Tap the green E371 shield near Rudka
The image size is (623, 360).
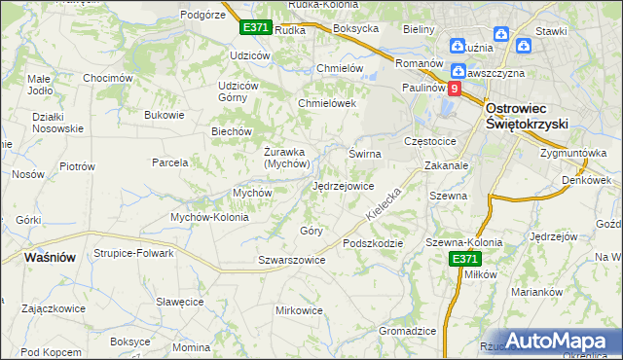click(255, 28)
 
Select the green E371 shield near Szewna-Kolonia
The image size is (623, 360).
click(464, 259)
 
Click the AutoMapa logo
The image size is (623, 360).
click(559, 341)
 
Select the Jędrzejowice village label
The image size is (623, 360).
click(343, 185)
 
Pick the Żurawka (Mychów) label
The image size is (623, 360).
click(286, 157)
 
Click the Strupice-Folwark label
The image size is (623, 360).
click(133, 253)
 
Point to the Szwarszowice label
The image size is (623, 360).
click(291, 261)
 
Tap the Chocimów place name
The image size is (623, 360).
click(107, 78)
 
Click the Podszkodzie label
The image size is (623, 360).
click(372, 243)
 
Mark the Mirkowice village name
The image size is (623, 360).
click(299, 310)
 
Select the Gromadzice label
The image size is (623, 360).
click(407, 331)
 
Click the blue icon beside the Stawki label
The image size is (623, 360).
click(524, 45)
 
